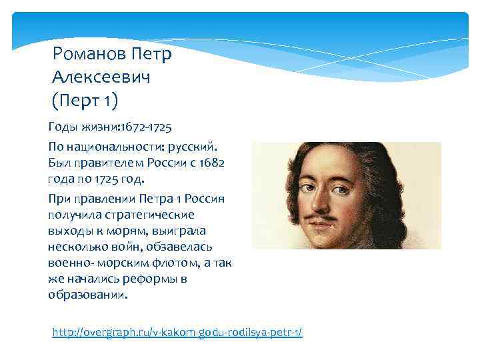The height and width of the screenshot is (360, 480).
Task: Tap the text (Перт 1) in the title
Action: pyautogui.click(x=85, y=100)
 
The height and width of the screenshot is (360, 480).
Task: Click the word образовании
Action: pyautogui.click(x=85, y=295)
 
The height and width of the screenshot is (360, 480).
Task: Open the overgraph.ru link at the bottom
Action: pyautogui.click(x=177, y=331)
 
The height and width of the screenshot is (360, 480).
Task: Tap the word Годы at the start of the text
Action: pyautogui.click(x=62, y=126)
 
